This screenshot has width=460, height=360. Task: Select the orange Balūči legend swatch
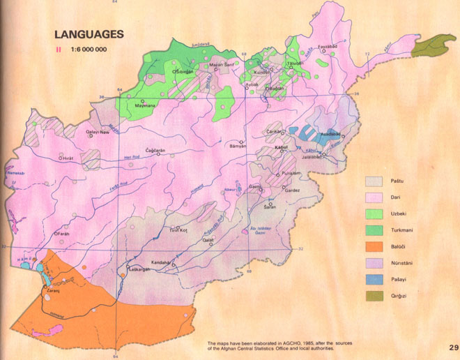376,246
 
